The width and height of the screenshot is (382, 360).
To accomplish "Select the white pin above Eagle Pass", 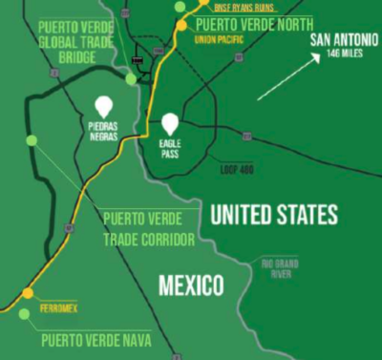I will [x=171, y=123].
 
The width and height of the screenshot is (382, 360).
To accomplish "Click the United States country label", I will [x=274, y=215].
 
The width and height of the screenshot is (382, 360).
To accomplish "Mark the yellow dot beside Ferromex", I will [x=28, y=293].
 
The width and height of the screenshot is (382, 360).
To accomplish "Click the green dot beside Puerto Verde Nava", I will [x=22, y=313].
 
